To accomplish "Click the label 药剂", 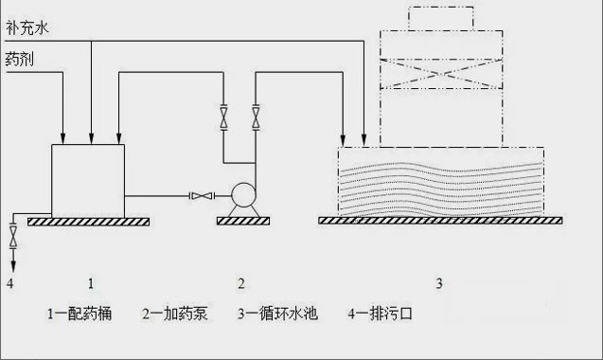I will pos(18,61).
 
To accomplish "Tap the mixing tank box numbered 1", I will pos(87,180).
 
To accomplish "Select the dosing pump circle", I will pos(244,197).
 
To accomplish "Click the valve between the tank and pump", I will pos(201,197).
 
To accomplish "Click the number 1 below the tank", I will pos(90,282).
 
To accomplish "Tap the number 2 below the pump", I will pos(241,282).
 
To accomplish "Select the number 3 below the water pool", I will pos(438,282).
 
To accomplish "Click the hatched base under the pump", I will pos(242,222).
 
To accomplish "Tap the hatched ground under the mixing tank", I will pos(88,222).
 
